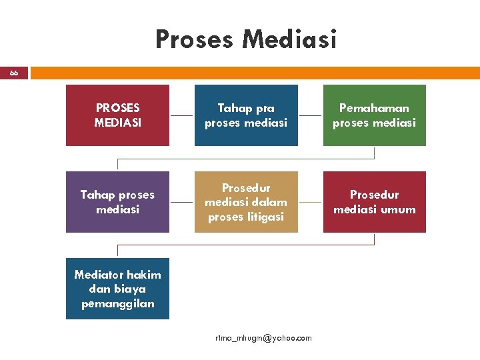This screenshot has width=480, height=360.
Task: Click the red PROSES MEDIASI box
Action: [117, 115]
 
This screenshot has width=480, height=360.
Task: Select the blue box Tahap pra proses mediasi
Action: [246, 115]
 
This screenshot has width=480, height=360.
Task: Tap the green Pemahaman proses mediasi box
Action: [374, 115]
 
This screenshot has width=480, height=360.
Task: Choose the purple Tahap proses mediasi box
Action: [117, 201]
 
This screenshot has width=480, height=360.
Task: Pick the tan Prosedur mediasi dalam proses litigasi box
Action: [246, 201]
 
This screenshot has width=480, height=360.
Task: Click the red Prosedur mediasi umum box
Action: [374, 201]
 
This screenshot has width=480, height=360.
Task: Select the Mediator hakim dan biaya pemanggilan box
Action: [117, 288]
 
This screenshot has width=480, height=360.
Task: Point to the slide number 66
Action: [14, 73]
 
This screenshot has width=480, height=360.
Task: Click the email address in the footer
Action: [263, 338]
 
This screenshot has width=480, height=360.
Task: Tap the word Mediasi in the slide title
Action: [289, 39]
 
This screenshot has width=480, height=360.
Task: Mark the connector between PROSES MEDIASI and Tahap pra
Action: [182, 115]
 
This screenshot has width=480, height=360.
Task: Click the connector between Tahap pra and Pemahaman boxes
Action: [311, 115]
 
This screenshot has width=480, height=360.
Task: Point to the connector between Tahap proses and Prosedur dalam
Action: [182, 201]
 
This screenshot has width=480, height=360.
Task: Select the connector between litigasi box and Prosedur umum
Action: [311, 201]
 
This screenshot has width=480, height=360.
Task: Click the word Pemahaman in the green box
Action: [374, 107]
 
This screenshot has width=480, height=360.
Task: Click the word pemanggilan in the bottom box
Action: [117, 303]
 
